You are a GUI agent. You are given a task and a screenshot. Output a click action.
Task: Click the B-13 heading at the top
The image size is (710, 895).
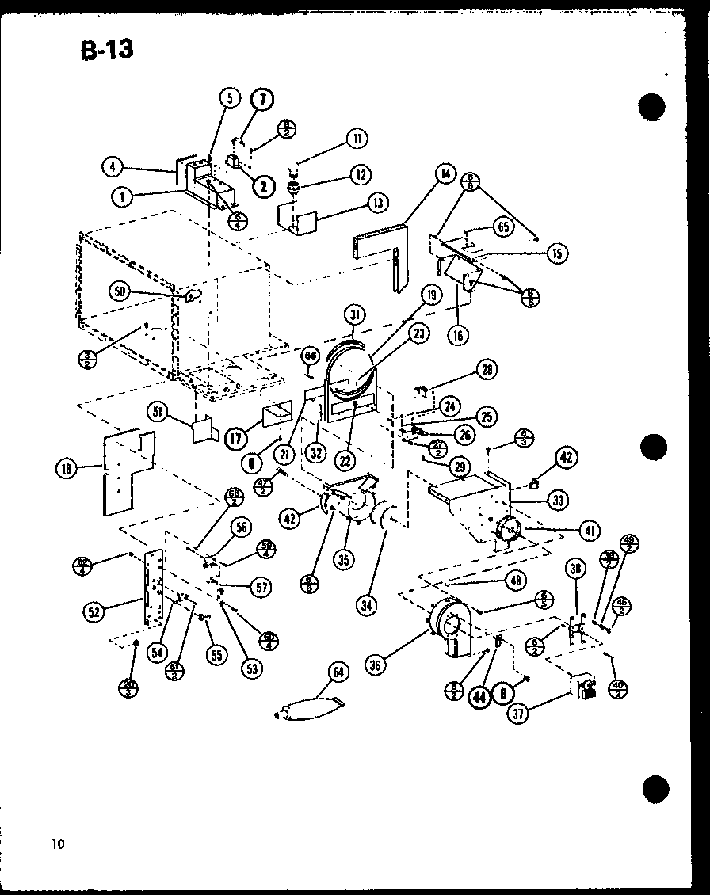point(106,49)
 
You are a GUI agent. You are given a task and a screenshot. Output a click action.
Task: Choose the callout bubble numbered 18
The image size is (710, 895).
point(66,469)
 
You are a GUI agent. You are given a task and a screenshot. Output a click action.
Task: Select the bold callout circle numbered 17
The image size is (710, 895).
point(235,436)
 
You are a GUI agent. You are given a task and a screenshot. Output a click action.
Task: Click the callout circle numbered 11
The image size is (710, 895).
point(357,139)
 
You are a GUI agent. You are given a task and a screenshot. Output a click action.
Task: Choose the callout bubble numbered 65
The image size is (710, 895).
point(503,226)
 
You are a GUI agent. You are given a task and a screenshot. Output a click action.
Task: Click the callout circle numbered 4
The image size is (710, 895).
point(113,167)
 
